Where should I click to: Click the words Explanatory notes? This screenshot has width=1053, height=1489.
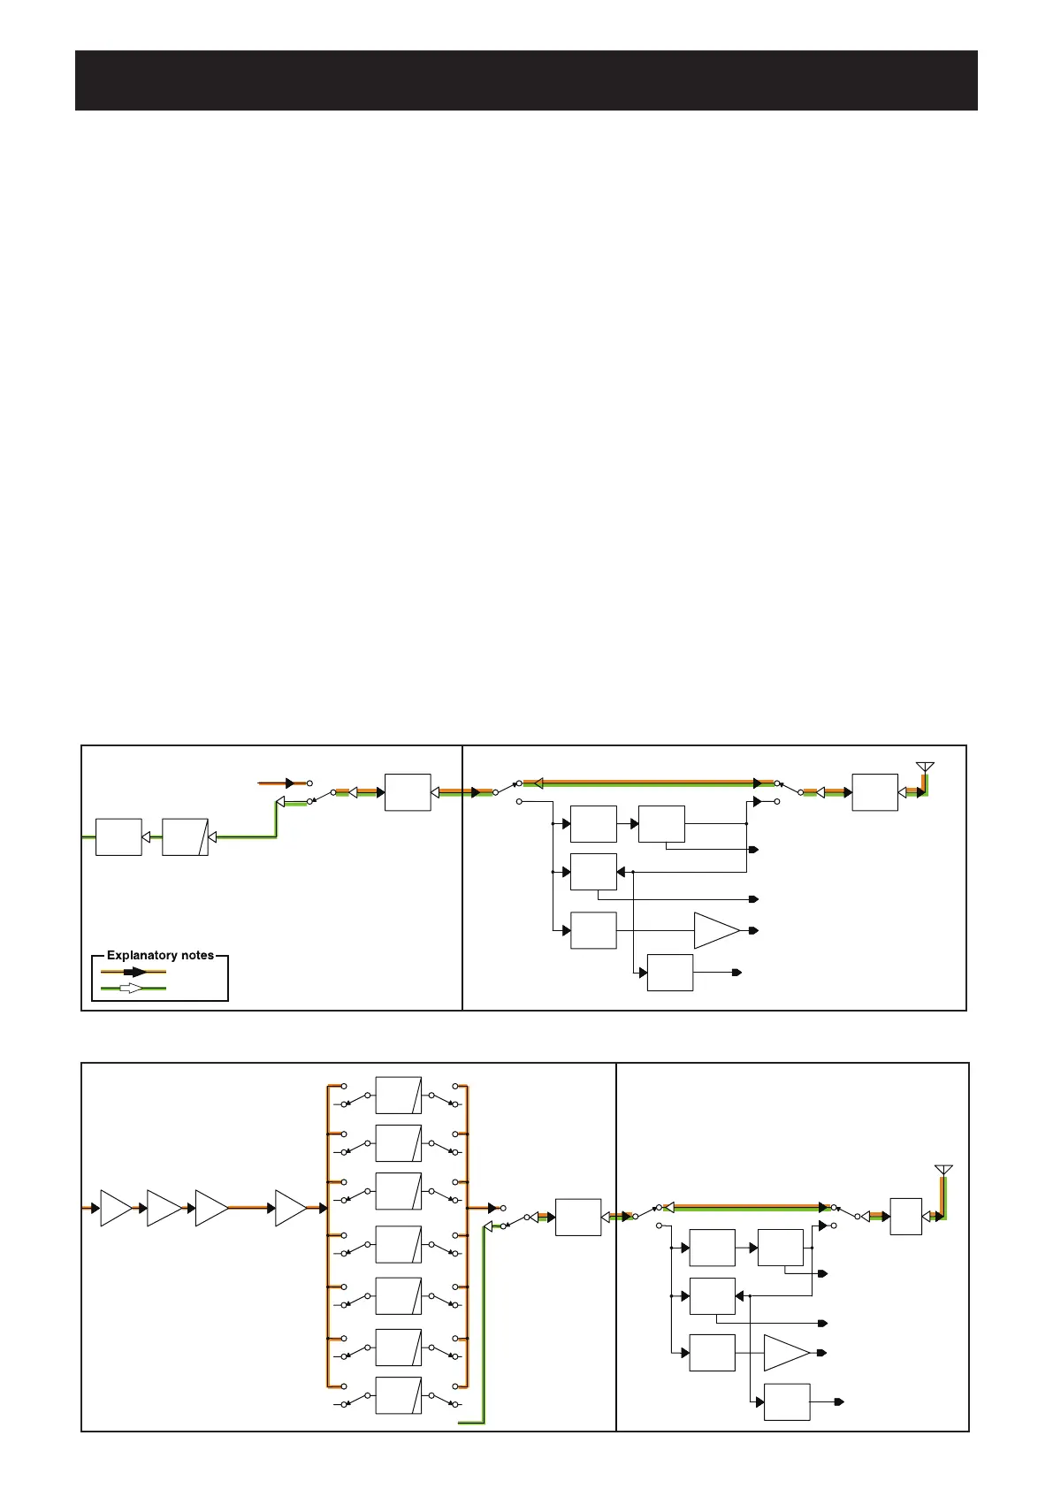(160, 955)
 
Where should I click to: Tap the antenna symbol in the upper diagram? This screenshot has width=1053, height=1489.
(925, 767)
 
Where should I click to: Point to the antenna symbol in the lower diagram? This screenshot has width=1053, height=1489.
(943, 1171)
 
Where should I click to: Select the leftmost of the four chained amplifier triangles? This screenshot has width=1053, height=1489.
(115, 1208)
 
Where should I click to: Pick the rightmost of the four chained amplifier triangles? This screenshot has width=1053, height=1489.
(289, 1208)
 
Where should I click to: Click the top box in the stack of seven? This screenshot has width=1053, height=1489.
(398, 1095)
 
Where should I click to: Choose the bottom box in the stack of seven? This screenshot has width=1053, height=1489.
(398, 1395)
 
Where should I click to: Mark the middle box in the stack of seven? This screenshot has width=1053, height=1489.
(398, 1244)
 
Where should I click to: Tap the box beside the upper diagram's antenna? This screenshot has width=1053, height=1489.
(874, 792)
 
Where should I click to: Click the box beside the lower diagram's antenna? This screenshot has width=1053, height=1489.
(905, 1217)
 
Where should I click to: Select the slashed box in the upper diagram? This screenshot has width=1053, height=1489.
(185, 836)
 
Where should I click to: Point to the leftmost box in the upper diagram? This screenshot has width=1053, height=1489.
(118, 836)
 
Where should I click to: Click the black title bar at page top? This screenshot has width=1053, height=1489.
(526, 80)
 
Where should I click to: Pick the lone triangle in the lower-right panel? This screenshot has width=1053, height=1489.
(785, 1353)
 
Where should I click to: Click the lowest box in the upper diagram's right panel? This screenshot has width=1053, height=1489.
(670, 973)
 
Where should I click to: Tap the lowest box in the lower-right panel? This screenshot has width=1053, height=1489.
(787, 1401)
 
